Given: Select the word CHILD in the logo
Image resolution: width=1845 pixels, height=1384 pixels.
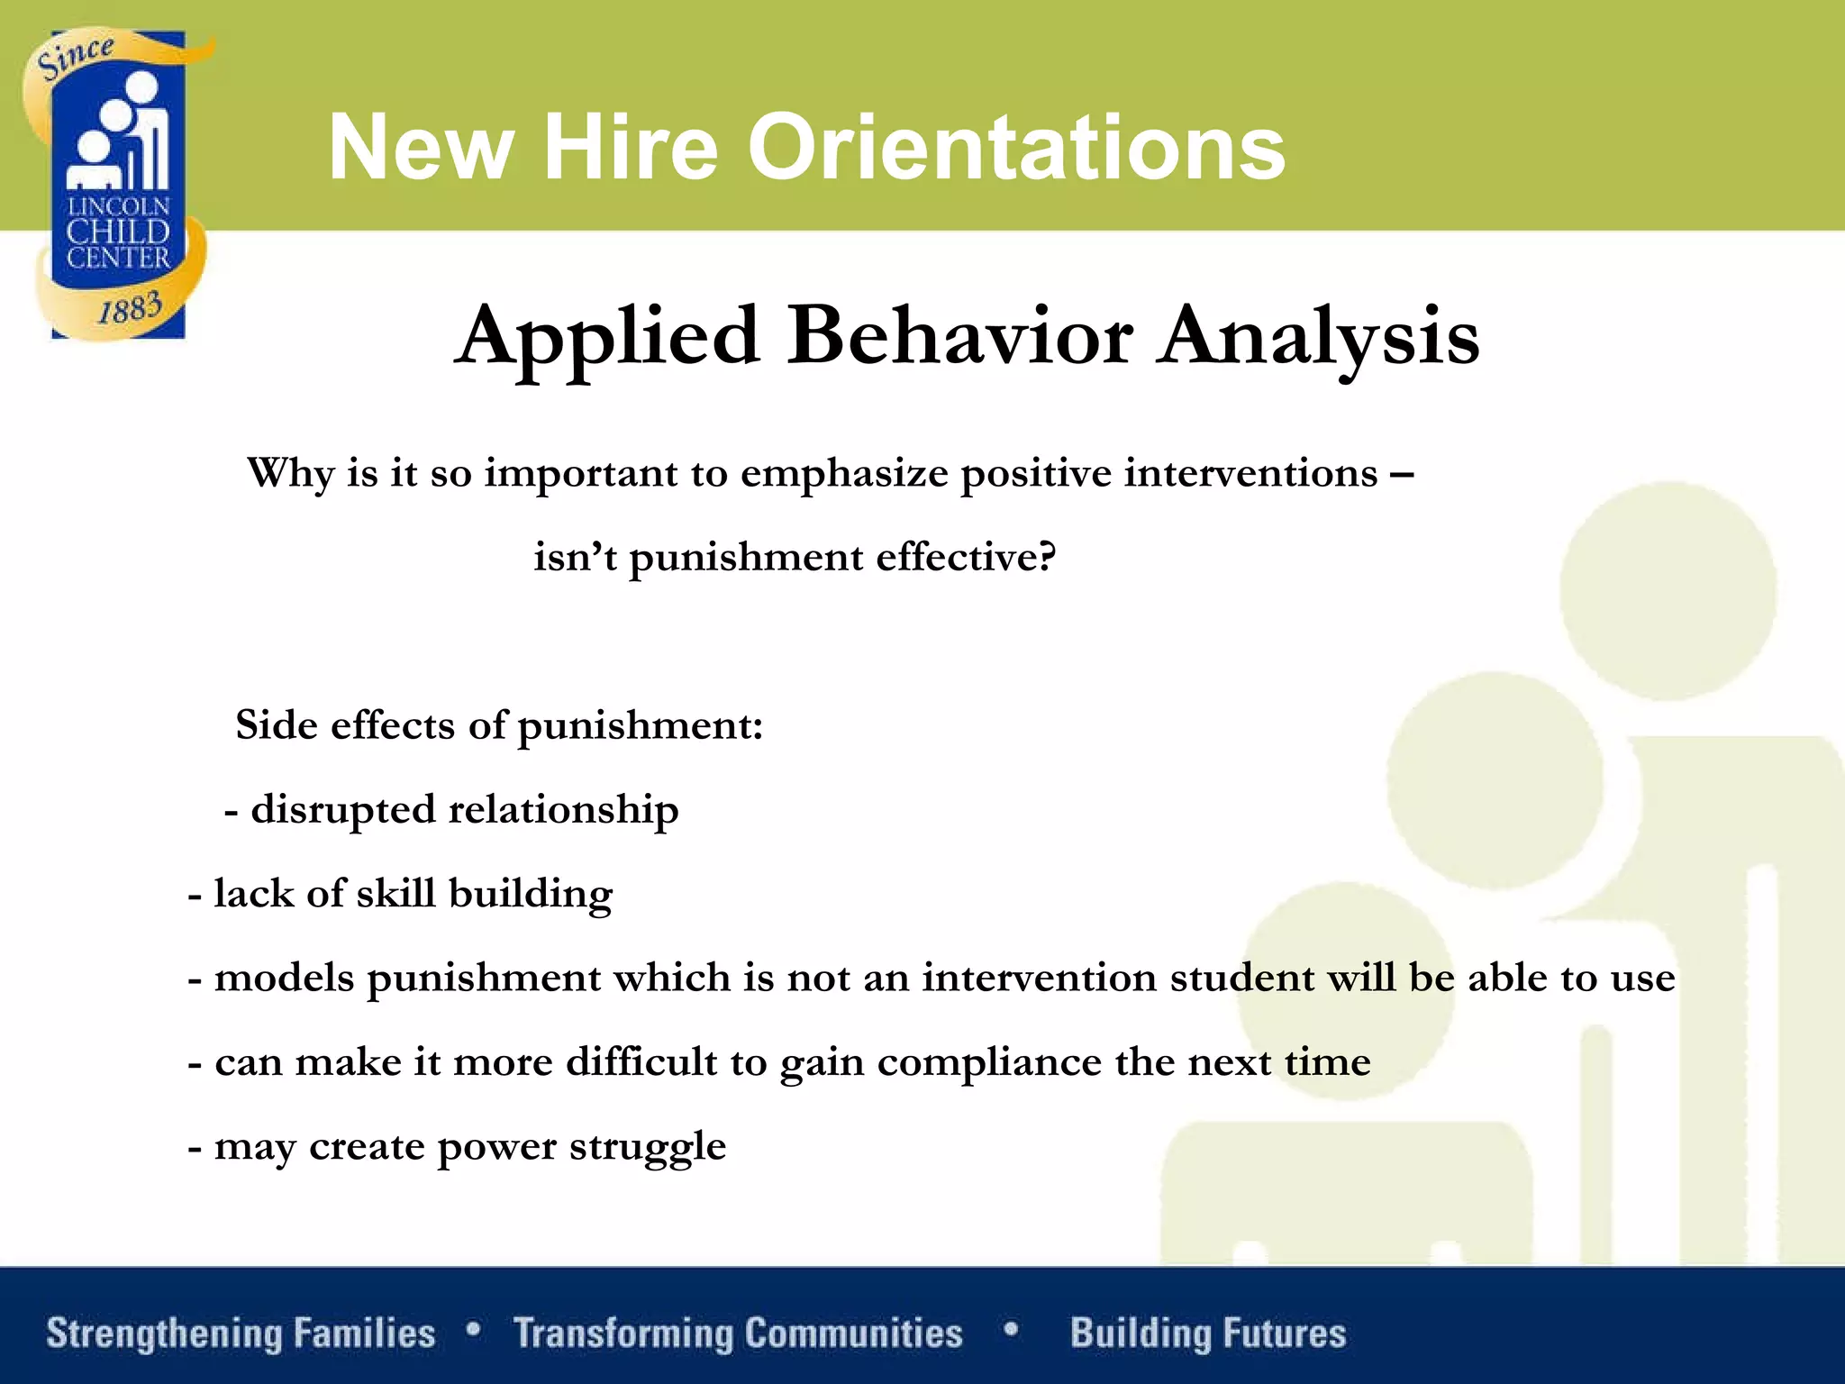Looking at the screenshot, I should [x=118, y=232].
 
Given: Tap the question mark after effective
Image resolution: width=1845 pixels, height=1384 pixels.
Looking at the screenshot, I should [x=1045, y=555].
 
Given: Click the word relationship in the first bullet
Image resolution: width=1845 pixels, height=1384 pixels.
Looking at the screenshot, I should [x=563, y=810].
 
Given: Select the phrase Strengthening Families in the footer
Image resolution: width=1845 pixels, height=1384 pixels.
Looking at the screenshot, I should [x=241, y=1333].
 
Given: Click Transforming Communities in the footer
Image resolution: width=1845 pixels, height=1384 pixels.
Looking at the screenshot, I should [x=737, y=1333].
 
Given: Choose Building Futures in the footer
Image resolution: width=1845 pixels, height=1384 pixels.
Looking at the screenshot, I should [x=1207, y=1333].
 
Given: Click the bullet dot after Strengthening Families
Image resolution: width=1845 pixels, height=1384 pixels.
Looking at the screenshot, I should [x=474, y=1328].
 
